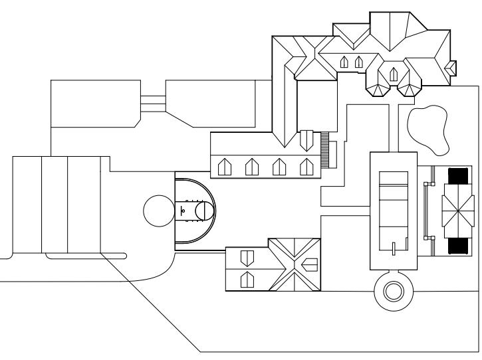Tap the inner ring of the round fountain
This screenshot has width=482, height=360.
[x=393, y=290]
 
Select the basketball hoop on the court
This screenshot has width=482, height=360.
[x=183, y=209]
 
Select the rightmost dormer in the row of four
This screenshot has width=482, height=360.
[x=306, y=165]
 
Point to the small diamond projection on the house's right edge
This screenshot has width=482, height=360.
[x=451, y=67]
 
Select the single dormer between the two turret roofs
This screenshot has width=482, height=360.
[x=393, y=73]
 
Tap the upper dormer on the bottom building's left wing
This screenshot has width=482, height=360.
[x=246, y=256]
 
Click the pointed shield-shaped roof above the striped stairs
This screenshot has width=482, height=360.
[x=306, y=140]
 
